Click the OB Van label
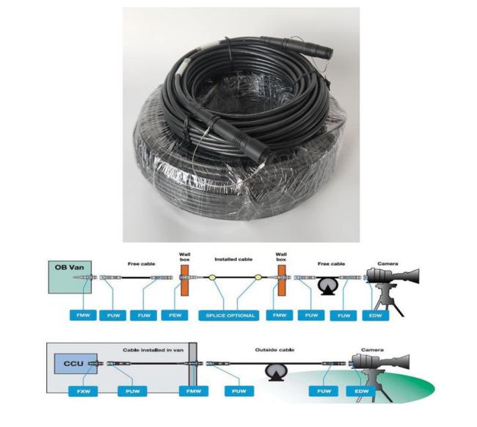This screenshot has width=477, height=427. coord(69,267)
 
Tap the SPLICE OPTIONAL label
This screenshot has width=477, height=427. coord(230,315)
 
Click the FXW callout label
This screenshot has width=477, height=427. coord(83,391)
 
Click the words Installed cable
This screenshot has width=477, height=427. coord(233,259)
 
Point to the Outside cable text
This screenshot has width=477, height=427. coord(274,350)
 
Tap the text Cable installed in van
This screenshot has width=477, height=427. coord(153,350)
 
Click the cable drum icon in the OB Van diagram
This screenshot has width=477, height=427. coord(327,286)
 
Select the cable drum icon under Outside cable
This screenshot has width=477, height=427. coord(276,372)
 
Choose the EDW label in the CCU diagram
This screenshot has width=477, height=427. coord(361,391)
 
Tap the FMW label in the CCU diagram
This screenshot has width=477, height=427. coord(194,391)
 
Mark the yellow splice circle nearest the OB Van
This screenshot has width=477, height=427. coord(212,277)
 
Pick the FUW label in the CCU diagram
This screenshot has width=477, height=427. coord(324,391)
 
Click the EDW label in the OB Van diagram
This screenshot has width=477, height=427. coord(376,315)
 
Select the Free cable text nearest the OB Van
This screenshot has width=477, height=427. coord(142,263)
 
